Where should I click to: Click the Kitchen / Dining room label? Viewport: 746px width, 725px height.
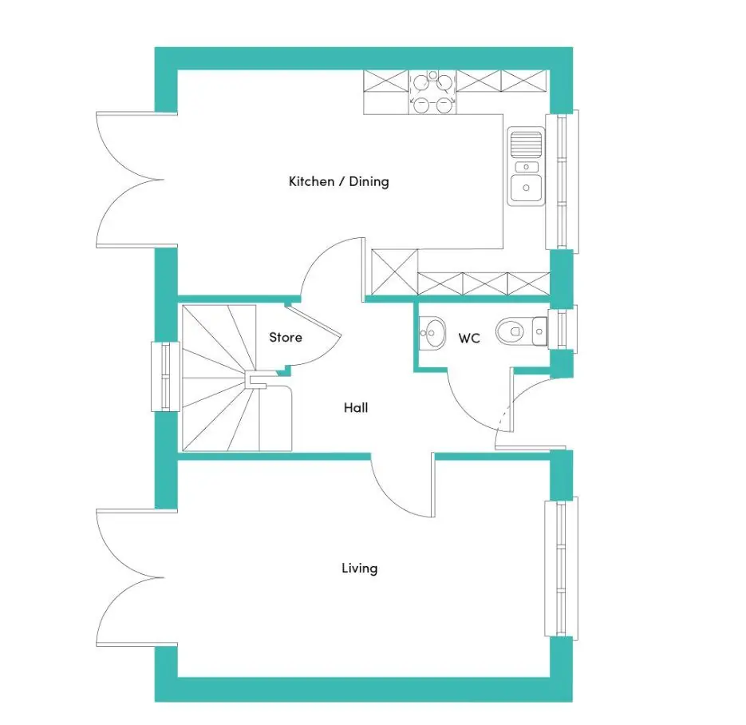click(339, 181)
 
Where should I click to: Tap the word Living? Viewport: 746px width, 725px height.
click(360, 569)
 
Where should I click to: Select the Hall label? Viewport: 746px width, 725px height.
click(356, 407)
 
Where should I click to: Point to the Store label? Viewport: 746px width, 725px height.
click(286, 338)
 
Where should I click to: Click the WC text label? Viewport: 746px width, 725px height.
click(469, 339)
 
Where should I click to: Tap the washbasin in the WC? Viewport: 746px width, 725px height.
click(432, 333)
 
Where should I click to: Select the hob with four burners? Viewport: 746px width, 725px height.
click(432, 93)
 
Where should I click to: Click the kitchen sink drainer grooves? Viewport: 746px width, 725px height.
click(526, 145)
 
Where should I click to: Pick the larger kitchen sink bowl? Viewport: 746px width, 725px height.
click(526, 188)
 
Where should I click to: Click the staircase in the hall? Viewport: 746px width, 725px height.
click(237, 378)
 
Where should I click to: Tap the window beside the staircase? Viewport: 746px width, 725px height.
click(165, 377)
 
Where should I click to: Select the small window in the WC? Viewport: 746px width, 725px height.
click(562, 329)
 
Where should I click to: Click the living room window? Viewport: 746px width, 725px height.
click(562, 569)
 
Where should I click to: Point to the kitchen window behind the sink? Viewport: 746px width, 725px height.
click(562, 181)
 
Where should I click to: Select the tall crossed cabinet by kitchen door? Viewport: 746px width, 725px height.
click(394, 271)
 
